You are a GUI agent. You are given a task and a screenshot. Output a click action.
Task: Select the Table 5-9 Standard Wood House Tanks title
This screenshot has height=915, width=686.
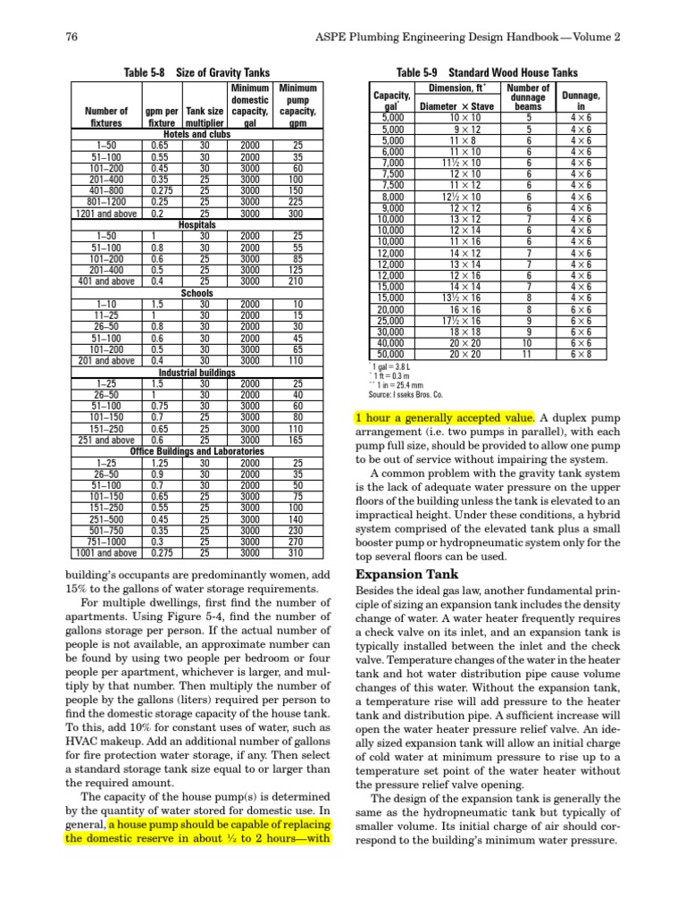tap(487, 72)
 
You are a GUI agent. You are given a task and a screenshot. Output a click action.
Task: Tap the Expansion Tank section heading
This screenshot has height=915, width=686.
tap(408, 574)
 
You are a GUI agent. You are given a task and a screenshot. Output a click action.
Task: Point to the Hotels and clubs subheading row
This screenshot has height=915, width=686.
tap(197, 134)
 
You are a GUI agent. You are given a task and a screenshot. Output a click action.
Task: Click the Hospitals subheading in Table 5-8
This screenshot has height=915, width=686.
tap(197, 225)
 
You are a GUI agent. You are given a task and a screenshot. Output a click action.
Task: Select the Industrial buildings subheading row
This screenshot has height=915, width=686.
tap(197, 372)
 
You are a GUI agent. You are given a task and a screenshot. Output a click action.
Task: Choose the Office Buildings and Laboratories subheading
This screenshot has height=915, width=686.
tap(197, 451)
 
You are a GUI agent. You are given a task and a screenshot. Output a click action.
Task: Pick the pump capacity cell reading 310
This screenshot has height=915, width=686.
tap(292, 553)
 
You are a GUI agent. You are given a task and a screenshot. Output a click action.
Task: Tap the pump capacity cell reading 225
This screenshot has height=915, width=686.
tap(292, 205)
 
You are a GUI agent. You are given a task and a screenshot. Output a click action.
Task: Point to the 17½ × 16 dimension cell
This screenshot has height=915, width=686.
tap(465, 320)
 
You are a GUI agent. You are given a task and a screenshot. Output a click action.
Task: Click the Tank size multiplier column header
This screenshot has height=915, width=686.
tap(205, 117)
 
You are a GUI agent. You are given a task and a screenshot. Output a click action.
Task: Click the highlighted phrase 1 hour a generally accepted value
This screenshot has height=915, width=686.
tap(445, 417)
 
